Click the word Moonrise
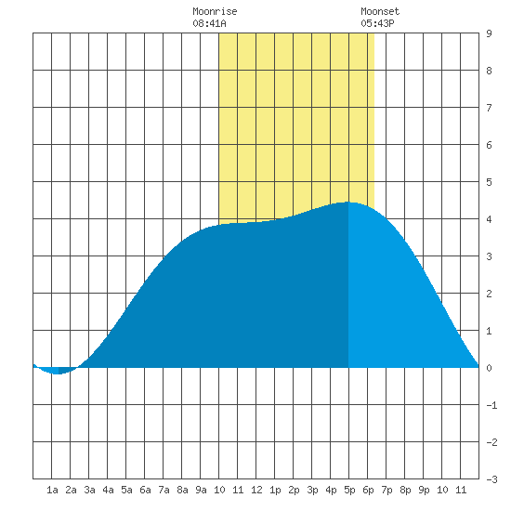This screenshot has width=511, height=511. tap(215, 12)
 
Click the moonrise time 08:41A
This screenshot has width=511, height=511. tap(209, 23)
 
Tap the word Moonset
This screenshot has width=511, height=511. tap(380, 12)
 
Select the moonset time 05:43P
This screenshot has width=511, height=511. tap(377, 23)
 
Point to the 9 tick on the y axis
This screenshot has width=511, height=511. tap(489, 33)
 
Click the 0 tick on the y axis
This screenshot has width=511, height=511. tap(489, 368)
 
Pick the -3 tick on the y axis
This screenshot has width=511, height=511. tap(491, 479)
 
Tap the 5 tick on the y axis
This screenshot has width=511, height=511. tap(489, 182)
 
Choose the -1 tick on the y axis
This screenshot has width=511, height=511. tap(491, 405)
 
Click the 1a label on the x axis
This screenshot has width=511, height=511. tap(52, 490)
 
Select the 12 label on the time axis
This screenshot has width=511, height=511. tap(256, 490)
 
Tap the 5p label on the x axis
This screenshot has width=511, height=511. tap(349, 490)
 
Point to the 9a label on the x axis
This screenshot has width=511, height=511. tap(201, 490)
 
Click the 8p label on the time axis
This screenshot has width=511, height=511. tap(405, 490)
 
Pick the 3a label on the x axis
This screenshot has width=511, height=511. tap(89, 490)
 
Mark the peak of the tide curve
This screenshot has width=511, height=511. tap(348, 202)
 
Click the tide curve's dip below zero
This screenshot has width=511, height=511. tap(58, 373)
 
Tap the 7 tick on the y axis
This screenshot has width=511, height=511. tap(489, 108)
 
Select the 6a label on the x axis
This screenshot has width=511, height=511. tap(145, 490)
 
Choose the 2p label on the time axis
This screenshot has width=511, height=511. tap(294, 490)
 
